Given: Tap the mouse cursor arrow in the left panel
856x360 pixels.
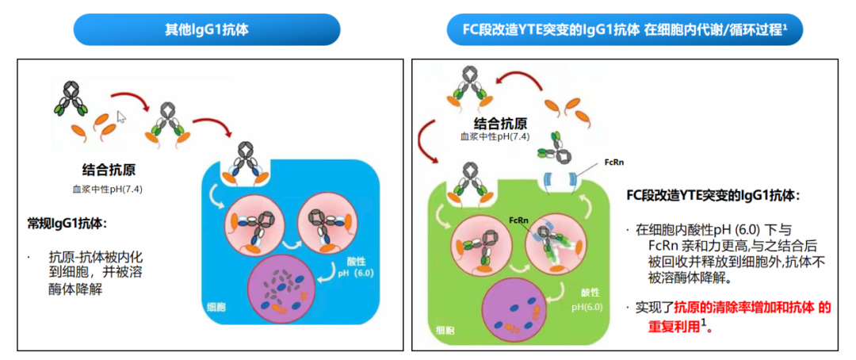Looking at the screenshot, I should [121, 117].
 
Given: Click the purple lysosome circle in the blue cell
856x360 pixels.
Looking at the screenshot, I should [286, 289].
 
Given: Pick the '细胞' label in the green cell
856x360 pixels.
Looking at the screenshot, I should [445, 327].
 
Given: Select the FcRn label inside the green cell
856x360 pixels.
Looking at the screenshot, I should [518, 220].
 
